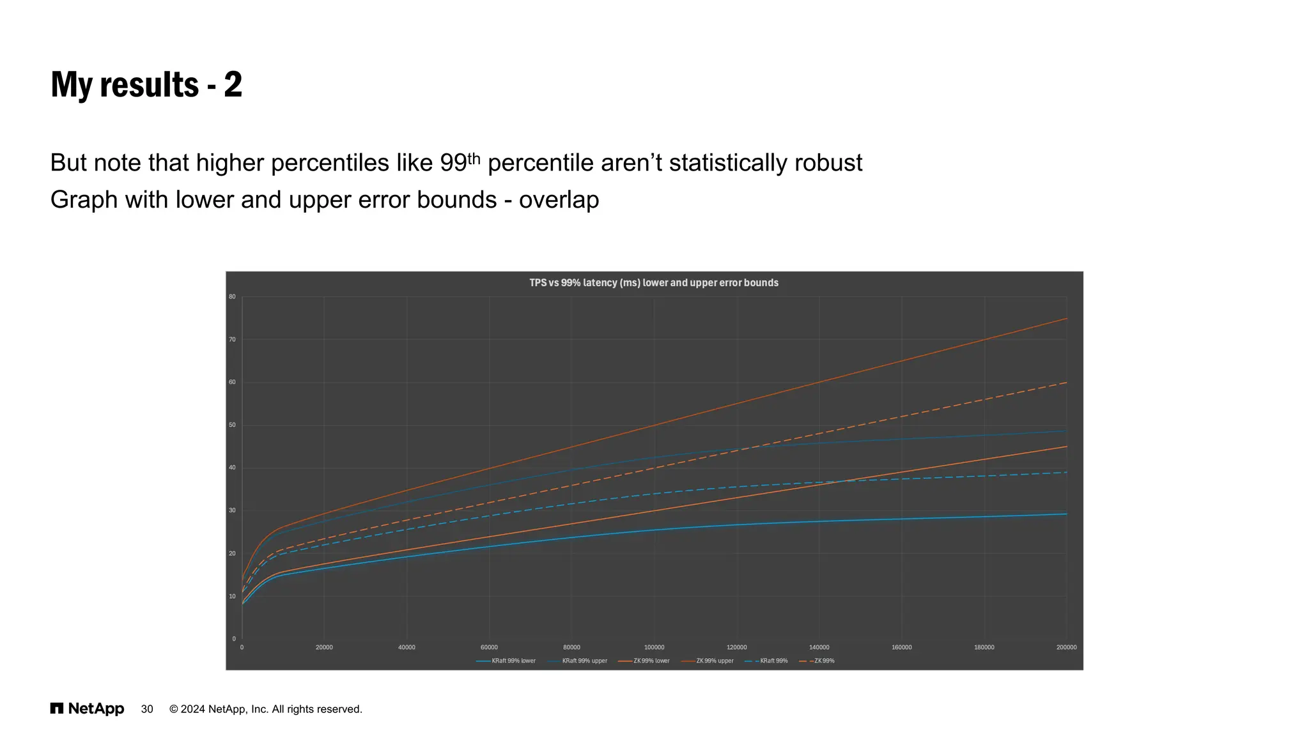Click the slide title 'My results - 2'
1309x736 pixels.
tap(146, 85)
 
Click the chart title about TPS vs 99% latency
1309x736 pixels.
tap(653, 282)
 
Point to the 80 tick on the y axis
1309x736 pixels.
tap(232, 297)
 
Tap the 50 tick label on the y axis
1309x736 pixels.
tap(232, 425)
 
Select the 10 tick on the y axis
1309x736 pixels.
tap(232, 596)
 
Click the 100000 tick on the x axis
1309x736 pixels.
tap(654, 647)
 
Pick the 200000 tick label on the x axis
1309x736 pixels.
tap(1066, 647)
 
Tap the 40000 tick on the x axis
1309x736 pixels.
tap(407, 647)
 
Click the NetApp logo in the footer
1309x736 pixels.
tap(88, 709)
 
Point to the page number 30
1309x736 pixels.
tap(147, 709)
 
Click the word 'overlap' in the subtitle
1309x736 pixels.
tap(559, 200)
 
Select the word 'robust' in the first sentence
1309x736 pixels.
tap(828, 163)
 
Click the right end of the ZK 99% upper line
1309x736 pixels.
tap(1065, 319)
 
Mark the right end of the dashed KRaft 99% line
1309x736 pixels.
tap(1065, 472)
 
